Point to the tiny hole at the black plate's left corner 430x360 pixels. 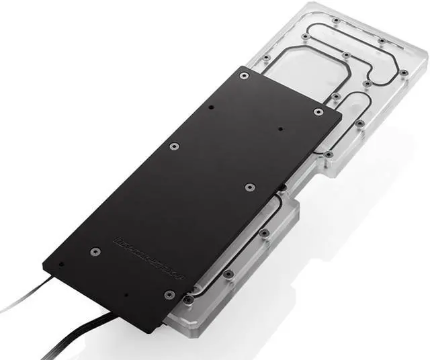[x=61, y=264]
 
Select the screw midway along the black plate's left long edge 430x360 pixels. [x=173, y=146]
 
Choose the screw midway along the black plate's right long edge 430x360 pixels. [x=249, y=187]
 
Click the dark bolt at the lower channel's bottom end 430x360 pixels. [x=190, y=300]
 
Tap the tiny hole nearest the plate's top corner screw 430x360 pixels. [x=211, y=107]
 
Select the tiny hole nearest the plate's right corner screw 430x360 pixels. [x=280, y=128]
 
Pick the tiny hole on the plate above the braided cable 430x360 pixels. [x=126, y=294]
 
